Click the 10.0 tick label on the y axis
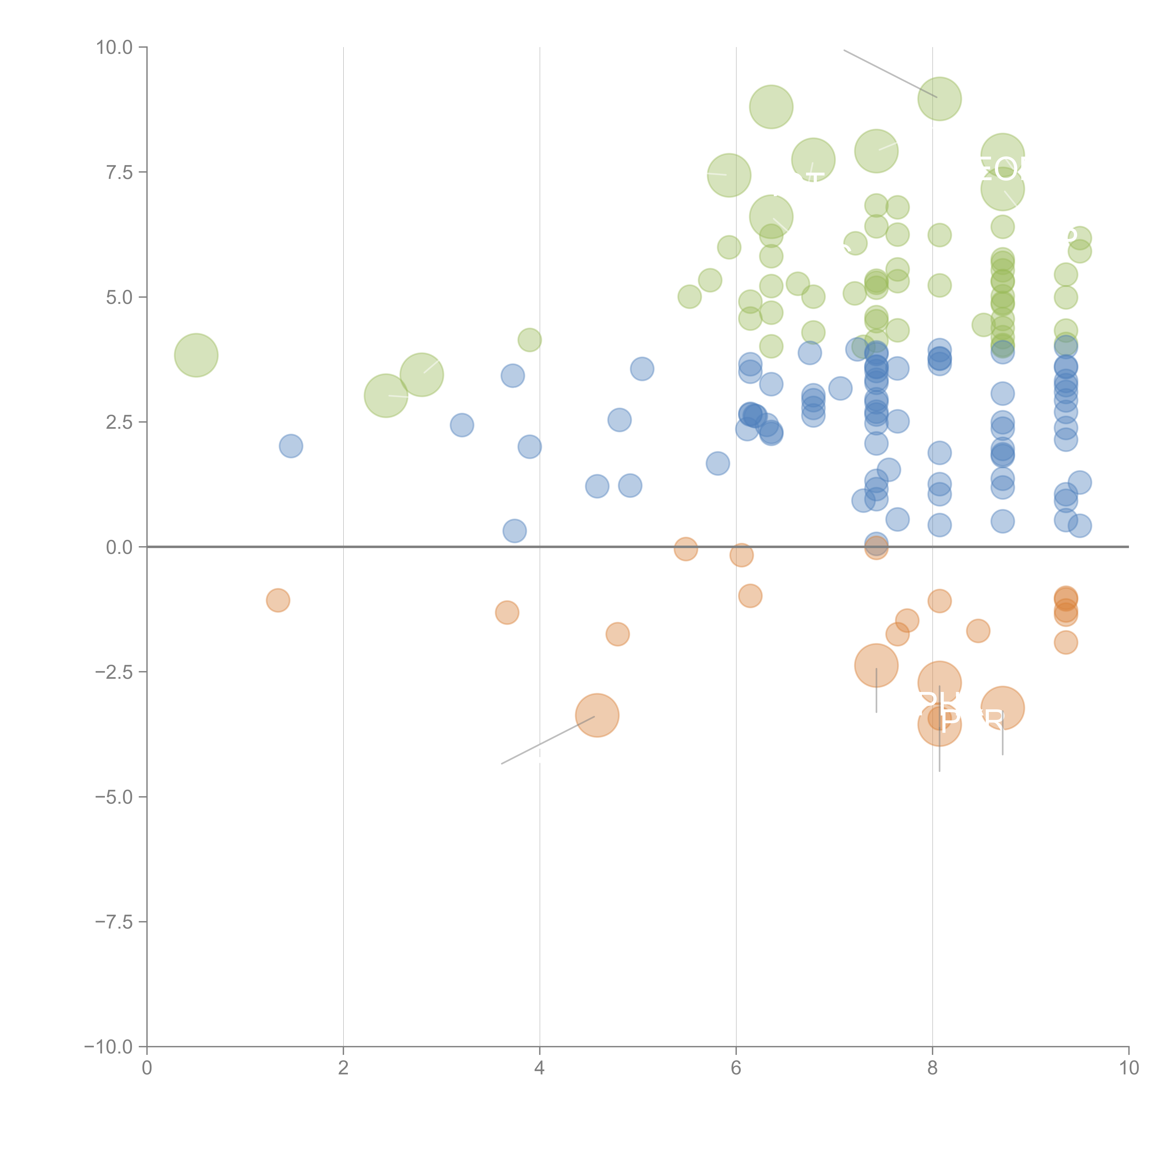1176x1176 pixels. (x=115, y=48)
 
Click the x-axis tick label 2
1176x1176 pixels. (x=343, y=1068)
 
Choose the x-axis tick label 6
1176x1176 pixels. (x=736, y=1068)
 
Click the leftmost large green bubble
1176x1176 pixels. (x=196, y=355)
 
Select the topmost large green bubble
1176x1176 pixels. (x=939, y=99)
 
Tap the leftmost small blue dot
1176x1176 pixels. (x=291, y=446)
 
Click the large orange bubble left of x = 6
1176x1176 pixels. (x=597, y=715)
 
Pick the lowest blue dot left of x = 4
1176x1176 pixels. (x=514, y=531)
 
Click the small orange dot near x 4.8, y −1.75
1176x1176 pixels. (x=617, y=634)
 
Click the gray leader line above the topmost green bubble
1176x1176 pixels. (x=889, y=73)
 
